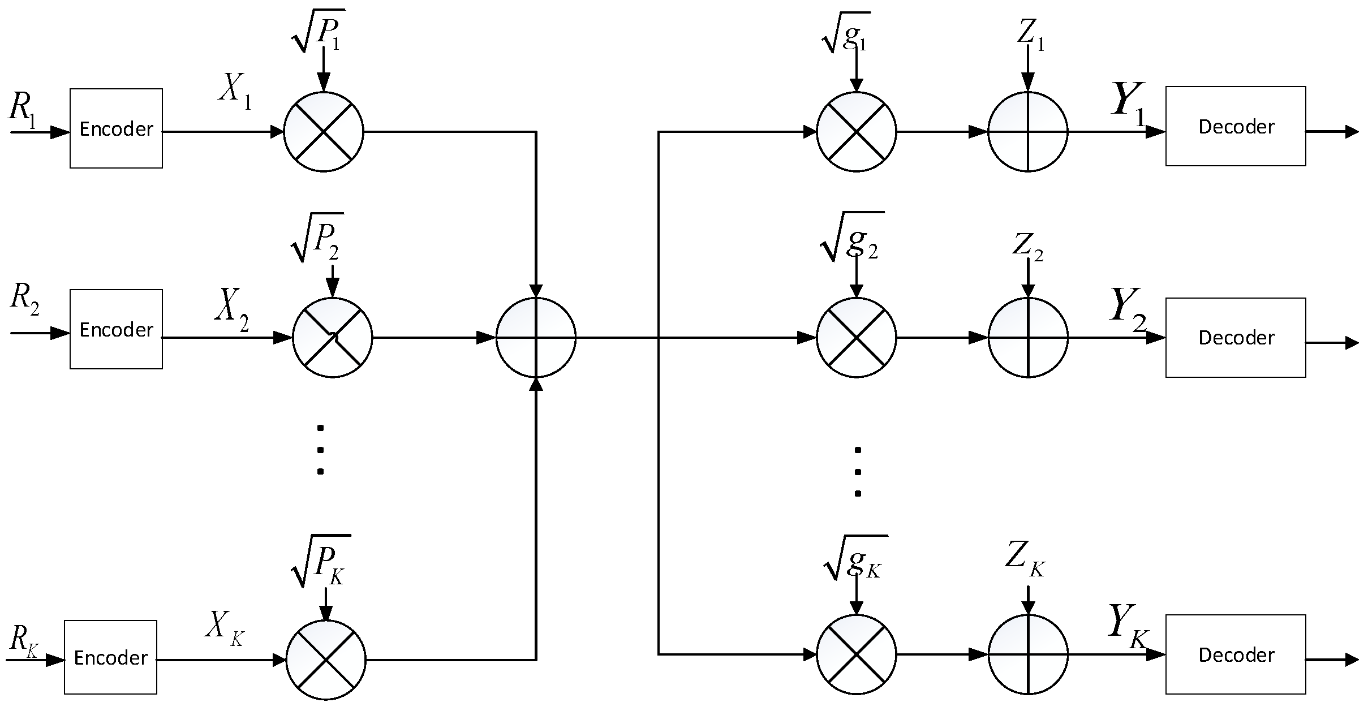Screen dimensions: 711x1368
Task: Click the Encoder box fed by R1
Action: coord(116,128)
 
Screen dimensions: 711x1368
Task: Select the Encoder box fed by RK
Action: coord(110,657)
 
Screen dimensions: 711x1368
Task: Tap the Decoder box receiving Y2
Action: coord(1236,338)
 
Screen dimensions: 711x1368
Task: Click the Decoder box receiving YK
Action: coord(1236,654)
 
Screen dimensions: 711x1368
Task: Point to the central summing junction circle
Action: coord(536,338)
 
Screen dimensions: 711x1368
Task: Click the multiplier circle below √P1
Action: coord(323,131)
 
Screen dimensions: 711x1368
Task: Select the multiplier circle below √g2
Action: coord(856,338)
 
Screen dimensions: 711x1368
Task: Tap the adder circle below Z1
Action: coord(1027,132)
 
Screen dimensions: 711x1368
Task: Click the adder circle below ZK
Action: coord(1027,654)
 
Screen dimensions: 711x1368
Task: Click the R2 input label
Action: coord(24,299)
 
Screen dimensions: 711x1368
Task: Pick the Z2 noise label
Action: coord(1027,247)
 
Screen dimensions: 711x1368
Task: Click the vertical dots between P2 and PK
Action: coord(320,450)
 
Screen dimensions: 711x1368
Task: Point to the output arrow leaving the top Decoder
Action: coord(1332,132)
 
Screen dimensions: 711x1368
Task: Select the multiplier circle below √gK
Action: coord(856,654)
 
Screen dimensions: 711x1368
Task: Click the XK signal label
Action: coord(224,628)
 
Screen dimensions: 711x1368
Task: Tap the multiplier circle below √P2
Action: coord(332,338)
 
